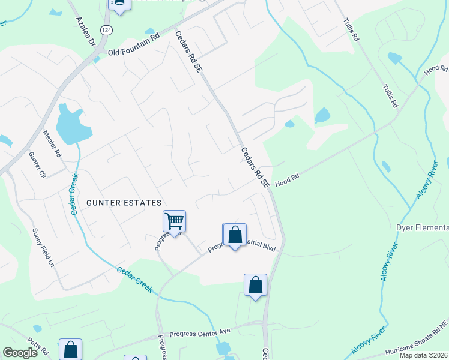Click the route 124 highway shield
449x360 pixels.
pos(106,30)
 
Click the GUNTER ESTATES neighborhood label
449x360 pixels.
pos(124,203)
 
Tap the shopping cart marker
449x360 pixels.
pos(174,221)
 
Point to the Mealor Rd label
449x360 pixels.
pos(52,144)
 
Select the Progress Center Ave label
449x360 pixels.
pos(200,331)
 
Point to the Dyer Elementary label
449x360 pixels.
pos(423,227)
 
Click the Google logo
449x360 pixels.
pos(20,353)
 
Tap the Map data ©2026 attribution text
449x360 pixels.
pos(423,355)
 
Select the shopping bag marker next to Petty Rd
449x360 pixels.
pos(71,349)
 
